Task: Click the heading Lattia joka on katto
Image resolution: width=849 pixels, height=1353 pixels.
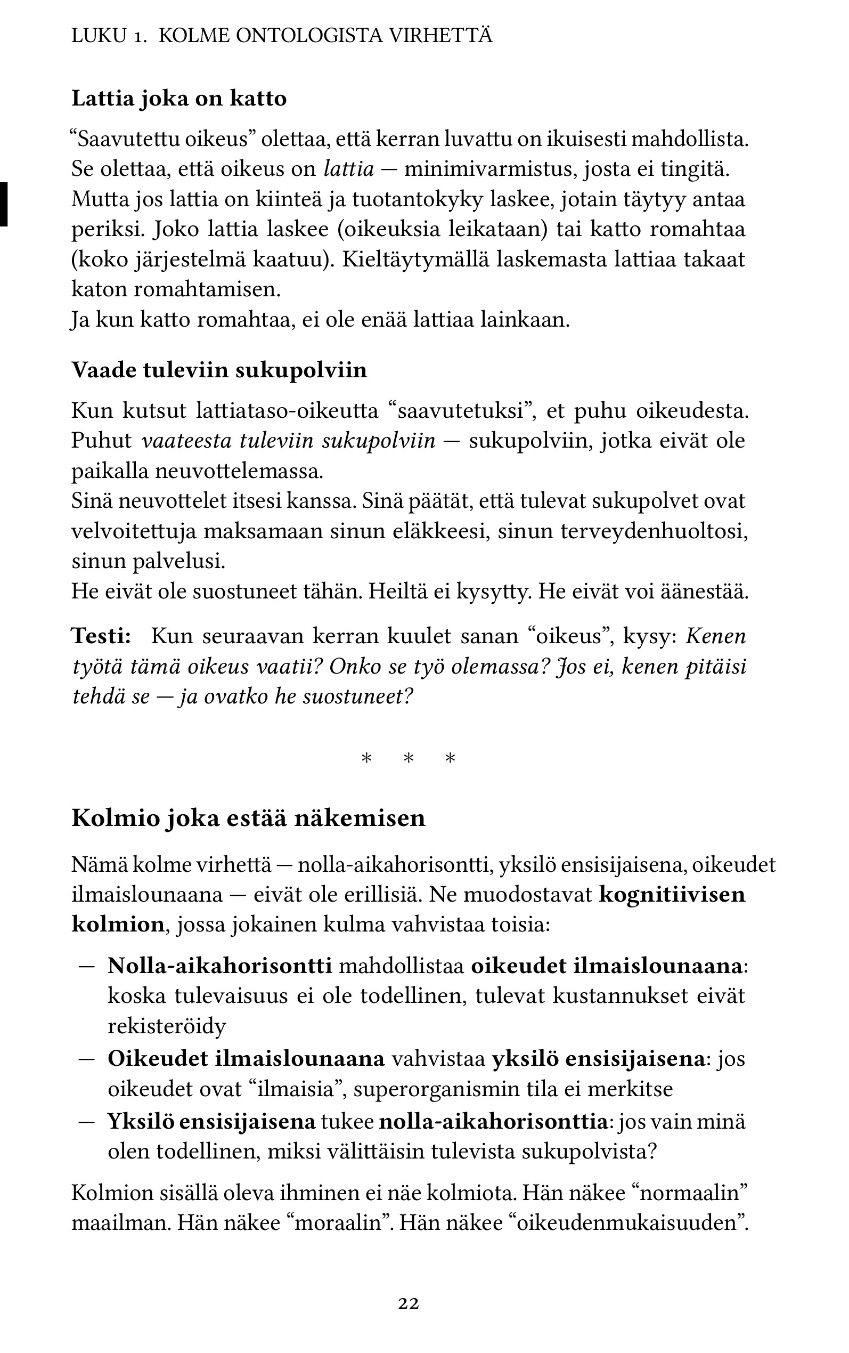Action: [x=178, y=99]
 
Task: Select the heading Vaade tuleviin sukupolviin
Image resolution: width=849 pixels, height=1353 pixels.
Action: [x=219, y=371]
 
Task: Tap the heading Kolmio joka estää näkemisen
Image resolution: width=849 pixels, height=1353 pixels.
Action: [x=248, y=819]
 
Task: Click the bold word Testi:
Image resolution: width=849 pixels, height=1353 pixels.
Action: [x=101, y=636]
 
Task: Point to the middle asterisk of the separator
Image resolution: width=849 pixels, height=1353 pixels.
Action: [x=408, y=759]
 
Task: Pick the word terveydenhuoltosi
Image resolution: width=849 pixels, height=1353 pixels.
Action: [x=654, y=531]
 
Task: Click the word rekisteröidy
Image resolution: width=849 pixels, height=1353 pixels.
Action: [x=166, y=1026]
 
